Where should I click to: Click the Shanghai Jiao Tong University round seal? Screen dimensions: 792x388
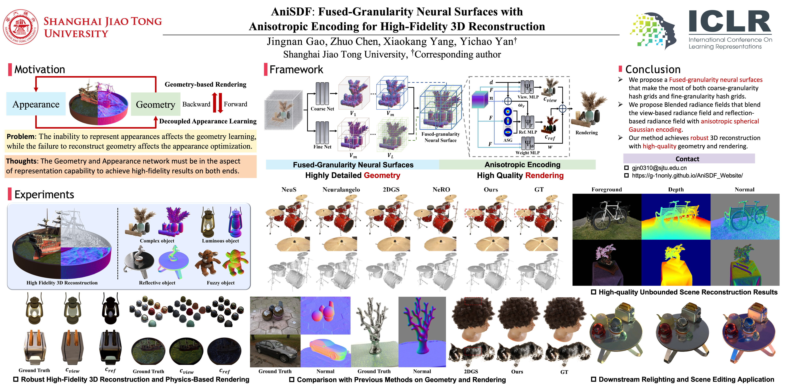pos(21,27)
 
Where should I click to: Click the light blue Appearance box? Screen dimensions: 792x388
pos(36,104)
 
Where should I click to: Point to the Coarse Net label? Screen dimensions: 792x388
pos(322,109)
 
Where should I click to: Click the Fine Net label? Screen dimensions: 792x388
pos(322,147)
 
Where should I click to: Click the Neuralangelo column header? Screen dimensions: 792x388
pos(341,190)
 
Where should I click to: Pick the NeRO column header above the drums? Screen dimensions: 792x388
pos(441,190)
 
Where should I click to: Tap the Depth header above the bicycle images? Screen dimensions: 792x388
pos(676,190)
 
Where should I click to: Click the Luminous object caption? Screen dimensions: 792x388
pos(220,241)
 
